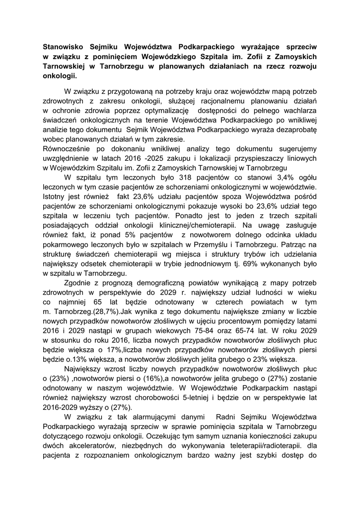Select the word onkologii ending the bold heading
[x=60, y=77]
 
